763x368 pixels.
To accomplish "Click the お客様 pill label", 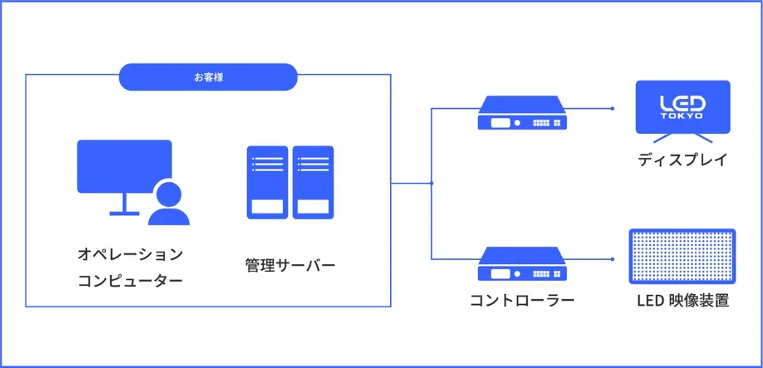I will (208, 77).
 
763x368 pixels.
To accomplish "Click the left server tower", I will (267, 182).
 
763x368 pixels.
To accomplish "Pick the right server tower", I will (313, 182).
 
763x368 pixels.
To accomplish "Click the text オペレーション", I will (130, 255).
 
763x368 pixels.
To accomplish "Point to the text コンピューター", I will (130, 281).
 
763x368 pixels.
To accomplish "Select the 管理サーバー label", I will (290, 265).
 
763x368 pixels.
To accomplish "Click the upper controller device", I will (523, 113).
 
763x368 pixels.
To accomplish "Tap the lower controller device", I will (523, 265).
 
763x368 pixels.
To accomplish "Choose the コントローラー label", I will (523, 300).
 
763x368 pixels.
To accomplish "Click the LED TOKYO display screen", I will (683, 107).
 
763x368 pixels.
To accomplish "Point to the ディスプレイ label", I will (683, 159).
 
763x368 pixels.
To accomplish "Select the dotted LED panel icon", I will (683, 256).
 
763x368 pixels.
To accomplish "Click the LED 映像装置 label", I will (683, 300).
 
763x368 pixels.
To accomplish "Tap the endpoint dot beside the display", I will (612, 108).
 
